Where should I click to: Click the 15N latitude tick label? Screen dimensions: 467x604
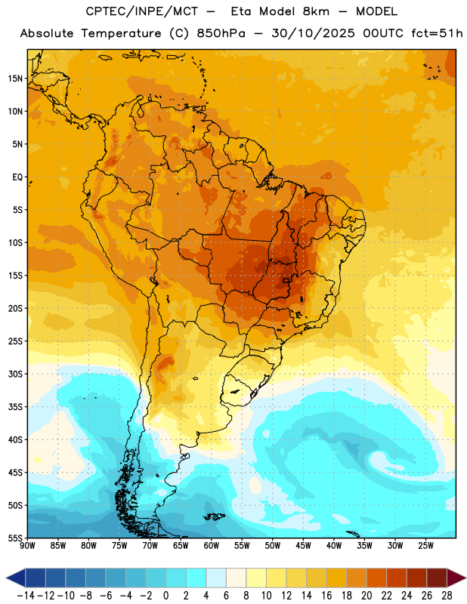coord(15,79)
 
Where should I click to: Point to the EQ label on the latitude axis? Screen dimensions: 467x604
coord(17,177)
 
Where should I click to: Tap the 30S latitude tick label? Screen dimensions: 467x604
coord(15,374)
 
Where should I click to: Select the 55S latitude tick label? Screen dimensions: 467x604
coord(15,538)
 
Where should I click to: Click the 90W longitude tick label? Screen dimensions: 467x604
coord(27,546)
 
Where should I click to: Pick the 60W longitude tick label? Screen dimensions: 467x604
coord(212,546)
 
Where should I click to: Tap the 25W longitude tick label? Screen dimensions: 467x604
coord(425,546)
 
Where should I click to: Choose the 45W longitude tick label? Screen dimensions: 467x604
coord(303,546)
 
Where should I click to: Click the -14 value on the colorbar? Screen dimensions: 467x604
coord(26,596)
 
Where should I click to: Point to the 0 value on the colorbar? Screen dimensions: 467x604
coord(165,596)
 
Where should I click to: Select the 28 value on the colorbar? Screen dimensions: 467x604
coord(447,596)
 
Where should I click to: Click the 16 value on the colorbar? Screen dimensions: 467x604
coord(326,596)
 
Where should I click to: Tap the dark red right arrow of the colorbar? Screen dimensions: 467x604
coord(456,578)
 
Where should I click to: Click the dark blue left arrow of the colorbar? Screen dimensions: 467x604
coord(16,578)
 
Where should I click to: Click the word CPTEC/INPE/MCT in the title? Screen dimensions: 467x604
coord(141,11)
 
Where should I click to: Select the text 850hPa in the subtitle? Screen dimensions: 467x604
coord(221,33)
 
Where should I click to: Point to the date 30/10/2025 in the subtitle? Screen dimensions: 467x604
coord(313,33)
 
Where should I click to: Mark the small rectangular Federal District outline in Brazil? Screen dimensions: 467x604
coord(286,280)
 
